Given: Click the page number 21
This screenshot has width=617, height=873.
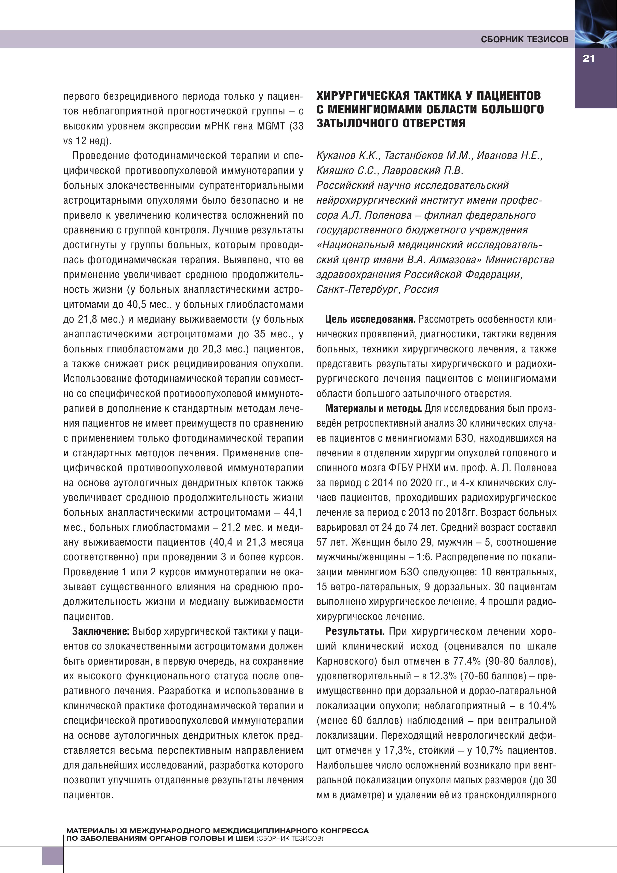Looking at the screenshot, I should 588,59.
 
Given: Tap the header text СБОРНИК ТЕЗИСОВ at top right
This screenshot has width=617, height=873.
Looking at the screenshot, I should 524,39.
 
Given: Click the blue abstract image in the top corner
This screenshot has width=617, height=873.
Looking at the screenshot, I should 595,23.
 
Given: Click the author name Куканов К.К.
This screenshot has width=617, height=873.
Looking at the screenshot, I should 348,155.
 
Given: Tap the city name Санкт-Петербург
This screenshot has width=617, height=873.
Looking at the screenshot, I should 357,289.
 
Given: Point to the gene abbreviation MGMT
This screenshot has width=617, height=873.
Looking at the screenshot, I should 271,126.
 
